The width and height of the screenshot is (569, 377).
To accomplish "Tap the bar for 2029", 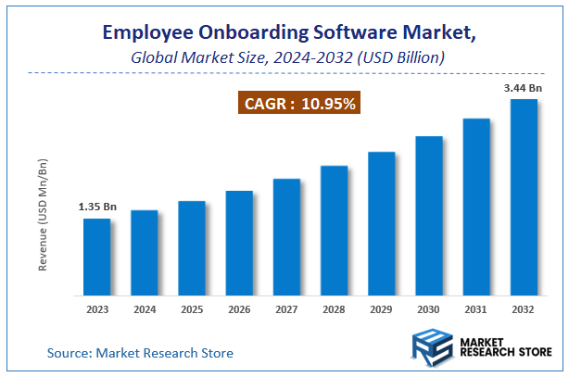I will [x=382, y=224].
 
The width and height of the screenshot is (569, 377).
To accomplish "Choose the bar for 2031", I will [x=476, y=207].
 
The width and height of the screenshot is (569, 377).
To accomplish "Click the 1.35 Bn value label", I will [x=96, y=206].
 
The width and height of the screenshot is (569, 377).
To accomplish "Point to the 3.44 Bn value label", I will [x=522, y=87].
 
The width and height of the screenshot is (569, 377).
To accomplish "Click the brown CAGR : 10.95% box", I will [x=300, y=104].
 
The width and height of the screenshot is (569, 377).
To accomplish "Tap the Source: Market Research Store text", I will [x=140, y=353].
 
